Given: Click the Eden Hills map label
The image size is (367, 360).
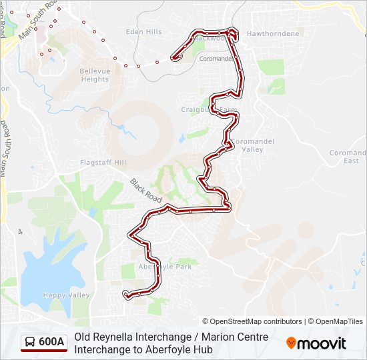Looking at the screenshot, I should click(143, 32).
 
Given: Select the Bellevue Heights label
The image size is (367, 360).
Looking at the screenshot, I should click(94, 75).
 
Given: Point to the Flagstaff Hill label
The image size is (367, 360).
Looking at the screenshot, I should click(103, 162).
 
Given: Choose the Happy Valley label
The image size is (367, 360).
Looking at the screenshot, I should click(66, 295).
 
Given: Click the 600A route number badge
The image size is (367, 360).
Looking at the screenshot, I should click(51, 342).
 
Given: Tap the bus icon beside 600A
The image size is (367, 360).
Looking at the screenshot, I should click(30, 342).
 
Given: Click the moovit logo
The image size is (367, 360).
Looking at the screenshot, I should click(316, 343).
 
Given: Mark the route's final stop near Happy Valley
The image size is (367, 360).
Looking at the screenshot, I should click(125, 292).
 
